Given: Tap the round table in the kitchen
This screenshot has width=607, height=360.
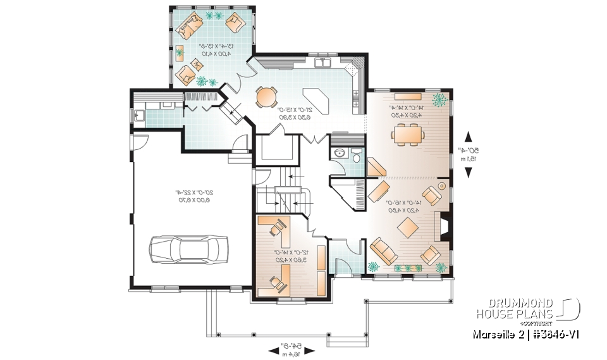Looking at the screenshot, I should point(266,97).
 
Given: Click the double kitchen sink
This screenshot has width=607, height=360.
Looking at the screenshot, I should point(323,63).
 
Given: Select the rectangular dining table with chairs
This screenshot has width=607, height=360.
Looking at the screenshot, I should point(405,133).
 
